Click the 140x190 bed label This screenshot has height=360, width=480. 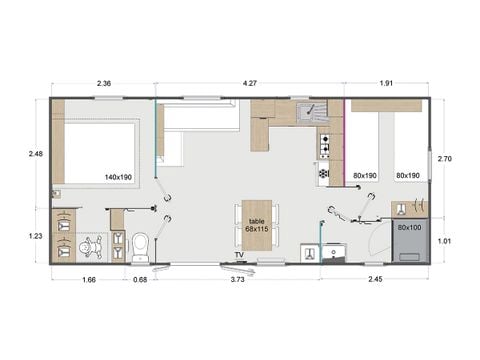click(x=118, y=176)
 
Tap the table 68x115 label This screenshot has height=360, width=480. click(x=257, y=225)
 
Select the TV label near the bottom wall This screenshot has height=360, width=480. click(x=239, y=256)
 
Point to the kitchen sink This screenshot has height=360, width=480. click(x=306, y=112)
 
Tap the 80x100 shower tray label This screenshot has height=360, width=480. click(x=408, y=228)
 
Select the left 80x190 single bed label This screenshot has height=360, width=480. click(x=367, y=176)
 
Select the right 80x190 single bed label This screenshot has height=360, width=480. click(x=408, y=176)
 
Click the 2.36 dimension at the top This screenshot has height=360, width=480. click(x=103, y=84)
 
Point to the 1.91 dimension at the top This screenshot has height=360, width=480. click(x=387, y=84)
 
